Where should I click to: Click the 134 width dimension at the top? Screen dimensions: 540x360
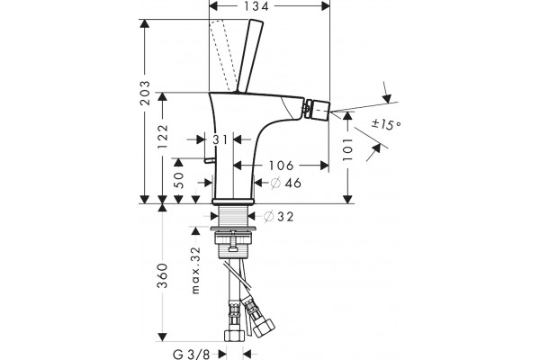[x=256, y=6]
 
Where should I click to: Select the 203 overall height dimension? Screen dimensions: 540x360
[x=145, y=93]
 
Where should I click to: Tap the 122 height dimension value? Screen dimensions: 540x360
[x=163, y=137]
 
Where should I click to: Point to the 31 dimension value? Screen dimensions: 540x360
[x=220, y=139]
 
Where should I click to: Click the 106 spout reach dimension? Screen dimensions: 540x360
[x=281, y=166]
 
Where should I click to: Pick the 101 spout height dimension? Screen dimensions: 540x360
[x=347, y=149]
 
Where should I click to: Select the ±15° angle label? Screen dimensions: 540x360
[x=386, y=124]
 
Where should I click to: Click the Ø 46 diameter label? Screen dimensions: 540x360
[x=286, y=183]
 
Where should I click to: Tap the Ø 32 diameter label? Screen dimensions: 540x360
[x=279, y=217]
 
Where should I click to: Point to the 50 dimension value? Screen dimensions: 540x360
[x=179, y=180]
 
